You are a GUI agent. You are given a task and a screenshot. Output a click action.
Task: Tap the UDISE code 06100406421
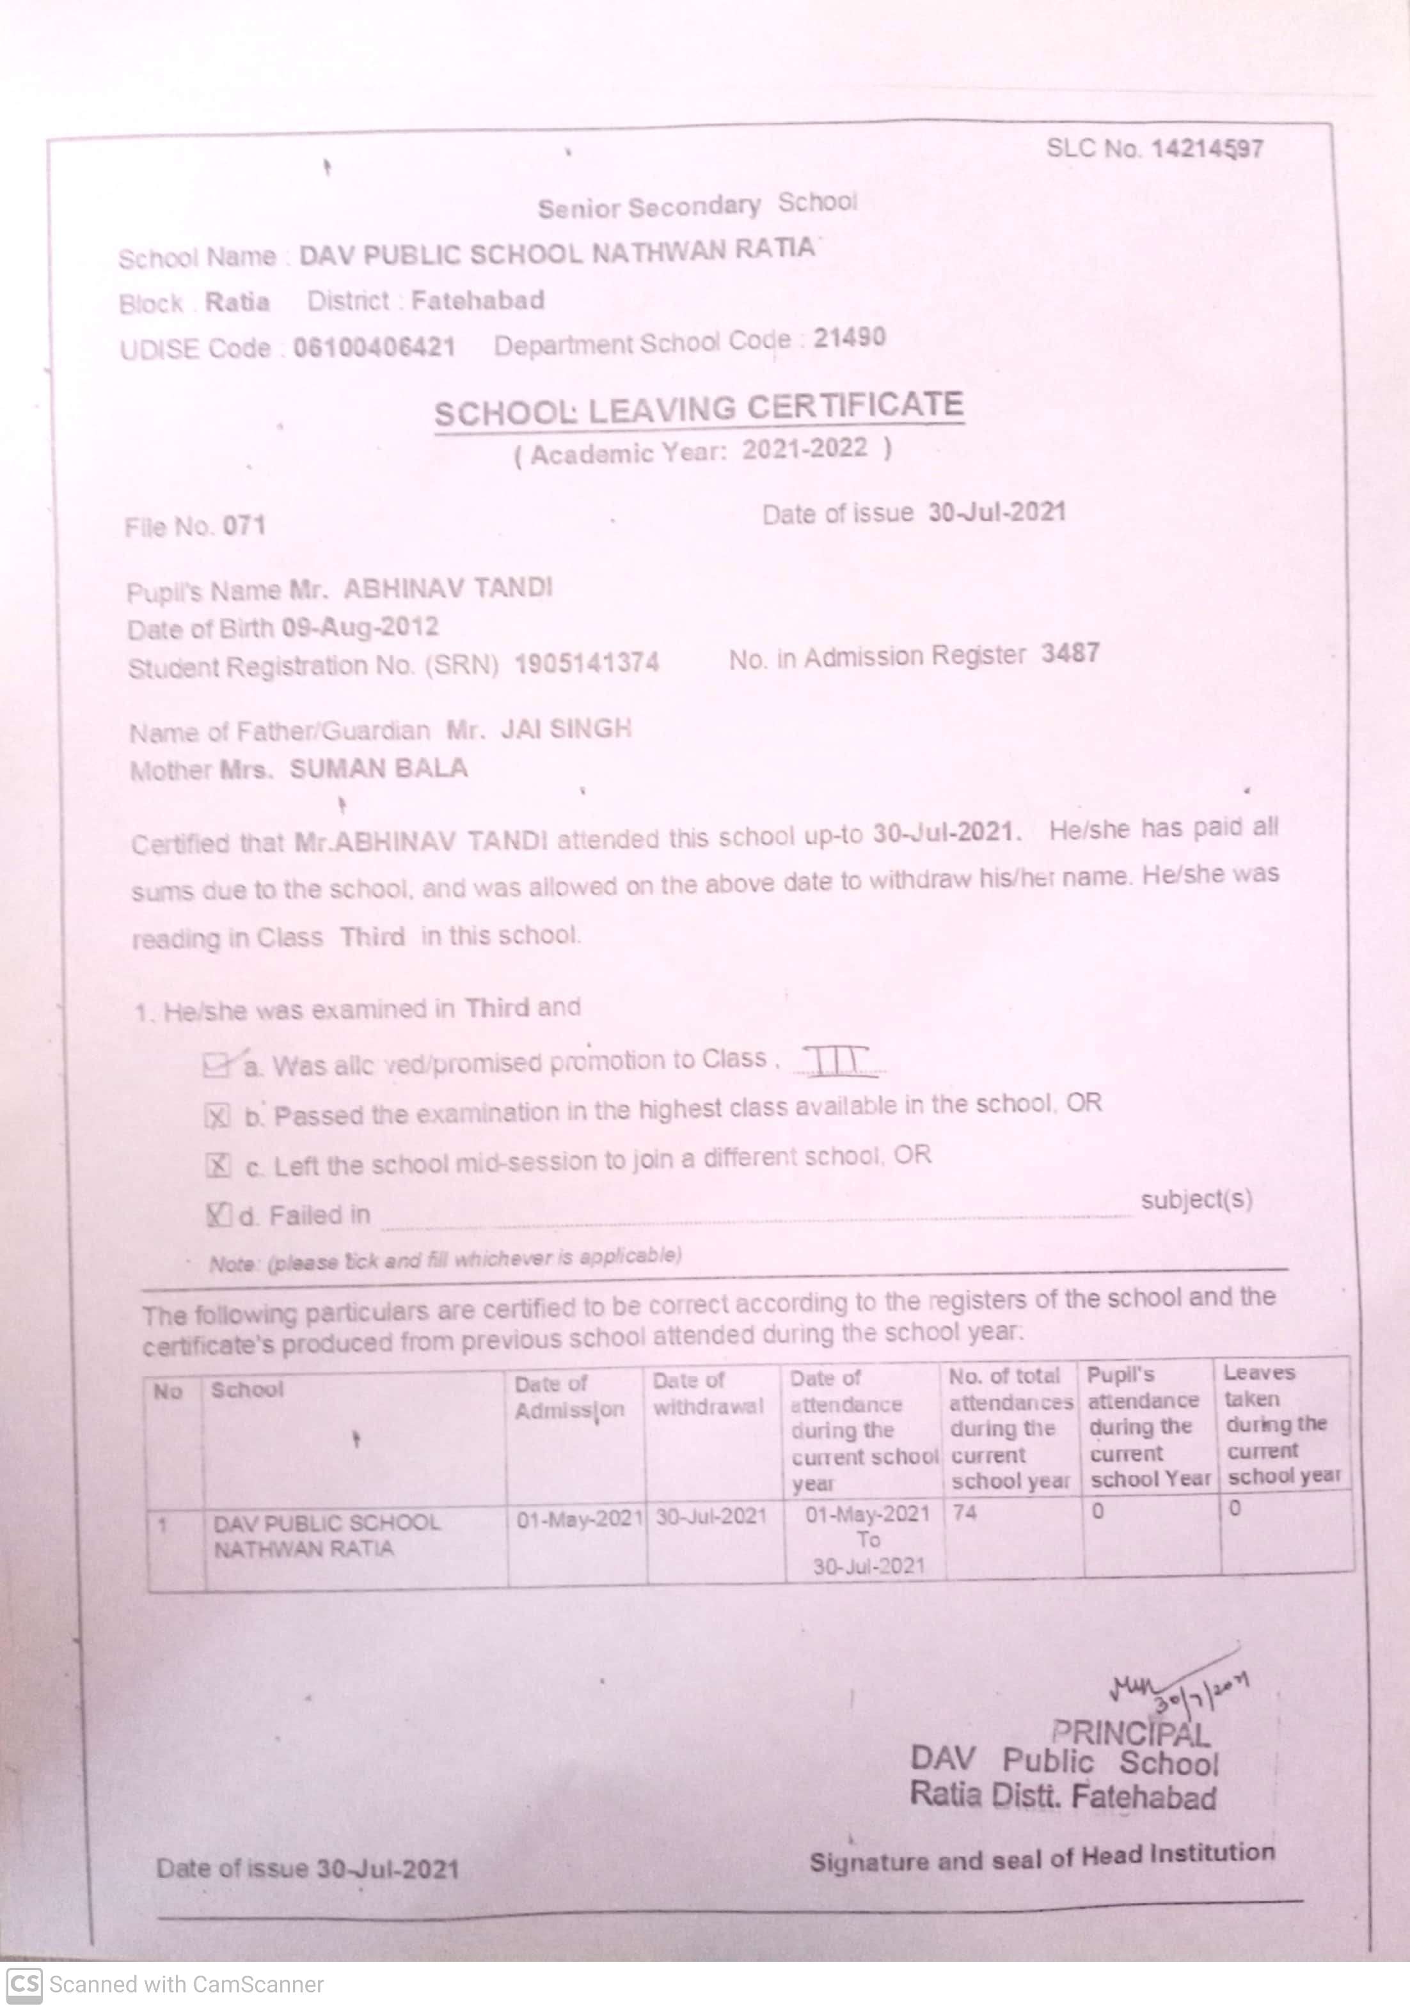pos(374,348)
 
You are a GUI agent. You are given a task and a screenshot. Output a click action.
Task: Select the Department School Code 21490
pos(849,338)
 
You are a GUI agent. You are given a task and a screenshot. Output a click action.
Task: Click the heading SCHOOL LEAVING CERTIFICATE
pos(699,409)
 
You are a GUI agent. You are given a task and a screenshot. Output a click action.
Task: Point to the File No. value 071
pos(244,526)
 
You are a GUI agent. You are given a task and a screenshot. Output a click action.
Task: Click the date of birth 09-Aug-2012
pos(360,628)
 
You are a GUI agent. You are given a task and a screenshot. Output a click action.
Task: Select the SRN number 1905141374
pos(586,663)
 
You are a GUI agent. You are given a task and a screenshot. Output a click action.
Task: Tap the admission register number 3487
pos(1070,653)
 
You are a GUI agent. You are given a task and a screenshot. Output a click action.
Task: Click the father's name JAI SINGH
pos(566,729)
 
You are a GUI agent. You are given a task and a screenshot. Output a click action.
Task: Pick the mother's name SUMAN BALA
pos(379,769)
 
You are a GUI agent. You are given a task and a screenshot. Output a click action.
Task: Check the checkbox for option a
pos(216,1066)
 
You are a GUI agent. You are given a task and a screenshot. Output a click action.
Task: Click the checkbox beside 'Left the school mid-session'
pos(218,1166)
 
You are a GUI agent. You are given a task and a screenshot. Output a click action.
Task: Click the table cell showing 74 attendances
pos(965,1513)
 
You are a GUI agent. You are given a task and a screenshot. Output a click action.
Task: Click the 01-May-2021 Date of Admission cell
pos(579,1519)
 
